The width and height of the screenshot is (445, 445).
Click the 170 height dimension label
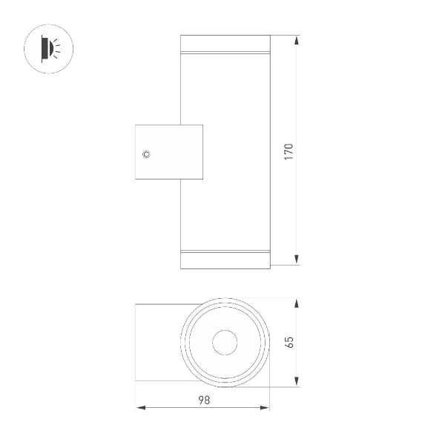click(x=289, y=151)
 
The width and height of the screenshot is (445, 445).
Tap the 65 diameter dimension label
click(x=289, y=342)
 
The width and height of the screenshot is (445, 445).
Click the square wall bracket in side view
click(x=168, y=153)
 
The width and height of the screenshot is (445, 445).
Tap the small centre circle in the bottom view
click(x=225, y=343)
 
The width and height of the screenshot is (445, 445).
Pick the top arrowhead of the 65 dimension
click(x=297, y=304)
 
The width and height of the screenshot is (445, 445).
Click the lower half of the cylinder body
click(x=225, y=215)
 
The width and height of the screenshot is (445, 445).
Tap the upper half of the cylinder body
click(x=225, y=89)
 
